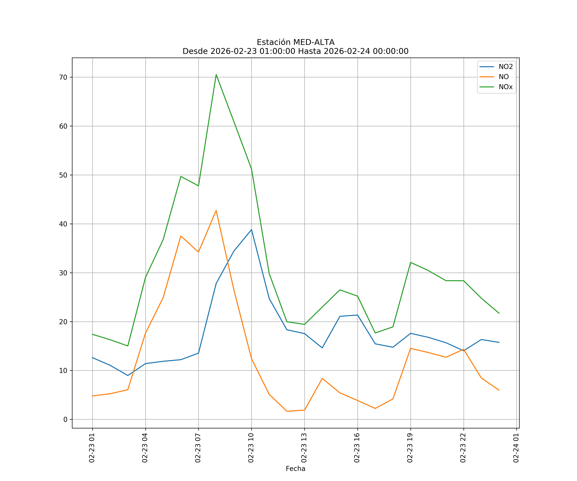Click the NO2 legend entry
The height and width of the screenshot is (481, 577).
coord(506,67)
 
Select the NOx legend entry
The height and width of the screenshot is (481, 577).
coord(506,87)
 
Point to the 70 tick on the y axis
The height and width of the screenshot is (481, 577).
coord(63,77)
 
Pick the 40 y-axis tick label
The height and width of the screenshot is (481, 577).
coord(63,224)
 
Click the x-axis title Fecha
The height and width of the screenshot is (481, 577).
coord(295,469)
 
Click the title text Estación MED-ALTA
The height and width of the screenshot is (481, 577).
coord(295,42)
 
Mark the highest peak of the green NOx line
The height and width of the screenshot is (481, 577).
coord(216,75)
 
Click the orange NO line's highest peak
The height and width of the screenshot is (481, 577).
coord(216,210)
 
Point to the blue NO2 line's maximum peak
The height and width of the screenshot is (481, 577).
coord(251,229)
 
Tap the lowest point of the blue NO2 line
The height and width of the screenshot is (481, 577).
coord(128,376)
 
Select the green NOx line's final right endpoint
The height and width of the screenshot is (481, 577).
coord(499,313)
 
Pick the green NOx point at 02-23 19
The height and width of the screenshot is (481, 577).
coord(410,262)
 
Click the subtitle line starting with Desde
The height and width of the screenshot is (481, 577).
coord(295,51)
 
